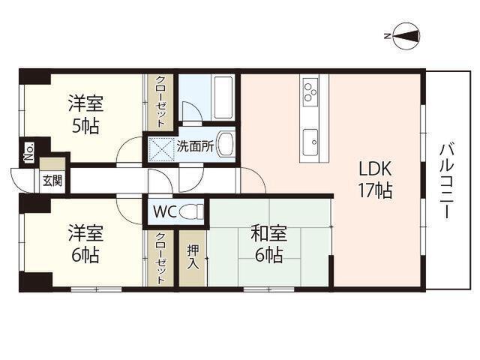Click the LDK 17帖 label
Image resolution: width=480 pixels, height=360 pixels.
[373, 179]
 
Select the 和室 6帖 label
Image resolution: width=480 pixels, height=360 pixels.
[266, 244]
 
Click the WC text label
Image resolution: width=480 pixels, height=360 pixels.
[165, 211]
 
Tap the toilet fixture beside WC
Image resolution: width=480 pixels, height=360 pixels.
[192, 211]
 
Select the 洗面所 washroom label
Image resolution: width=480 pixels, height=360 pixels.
[195, 147]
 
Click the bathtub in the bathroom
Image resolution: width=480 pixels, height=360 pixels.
[223, 96]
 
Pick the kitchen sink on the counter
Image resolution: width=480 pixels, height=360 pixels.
[310, 139]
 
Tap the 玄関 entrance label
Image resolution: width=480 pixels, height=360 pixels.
[52, 180]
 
